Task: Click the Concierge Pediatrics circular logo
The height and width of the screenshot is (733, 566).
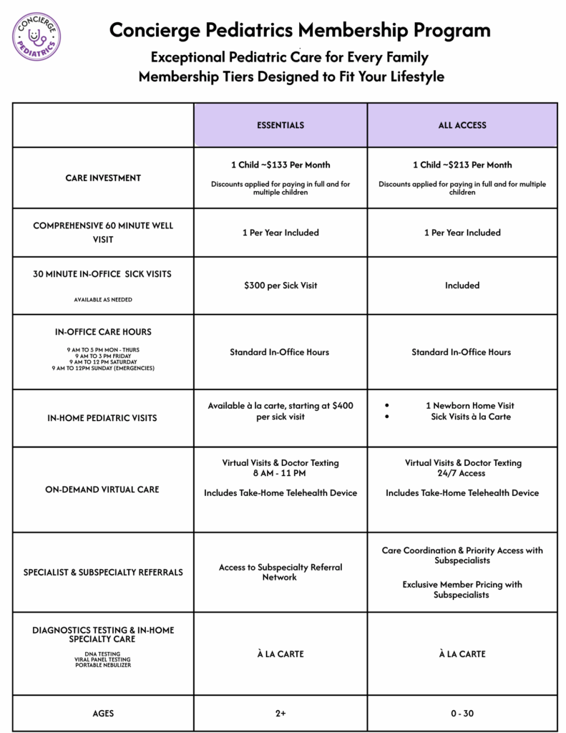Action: click(x=36, y=36)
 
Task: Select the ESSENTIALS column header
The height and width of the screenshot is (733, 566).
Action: click(x=280, y=125)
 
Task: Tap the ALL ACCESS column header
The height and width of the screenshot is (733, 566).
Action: click(x=462, y=125)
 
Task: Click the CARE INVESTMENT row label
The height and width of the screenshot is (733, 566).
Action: click(x=103, y=178)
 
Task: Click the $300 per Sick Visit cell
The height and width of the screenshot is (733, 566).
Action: click(x=280, y=286)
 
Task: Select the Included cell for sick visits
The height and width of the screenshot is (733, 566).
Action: click(x=462, y=286)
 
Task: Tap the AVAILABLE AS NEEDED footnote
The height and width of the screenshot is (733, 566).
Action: click(x=103, y=300)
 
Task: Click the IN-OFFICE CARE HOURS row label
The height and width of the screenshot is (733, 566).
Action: click(x=103, y=332)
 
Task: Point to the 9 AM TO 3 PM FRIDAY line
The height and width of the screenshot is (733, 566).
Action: click(x=103, y=356)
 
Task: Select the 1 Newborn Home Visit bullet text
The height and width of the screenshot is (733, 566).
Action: click(x=469, y=406)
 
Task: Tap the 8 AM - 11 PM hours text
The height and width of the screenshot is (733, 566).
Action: click(x=280, y=473)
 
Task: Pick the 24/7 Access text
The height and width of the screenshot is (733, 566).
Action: click(x=462, y=473)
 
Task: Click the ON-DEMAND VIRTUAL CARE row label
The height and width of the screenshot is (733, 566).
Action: click(x=103, y=490)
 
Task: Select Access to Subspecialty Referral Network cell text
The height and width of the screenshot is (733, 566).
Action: click(x=280, y=572)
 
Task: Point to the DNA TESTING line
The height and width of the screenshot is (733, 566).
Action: click(x=103, y=654)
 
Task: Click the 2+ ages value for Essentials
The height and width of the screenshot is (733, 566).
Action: click(x=280, y=714)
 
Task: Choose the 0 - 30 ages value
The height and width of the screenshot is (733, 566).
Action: click(x=462, y=714)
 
